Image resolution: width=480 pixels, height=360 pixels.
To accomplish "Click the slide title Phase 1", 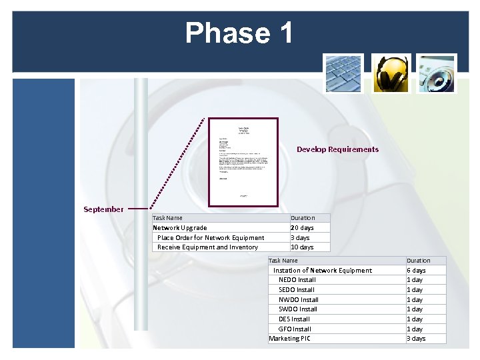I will click(239, 33).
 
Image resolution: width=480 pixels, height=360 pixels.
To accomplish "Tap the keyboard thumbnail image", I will click(343, 74).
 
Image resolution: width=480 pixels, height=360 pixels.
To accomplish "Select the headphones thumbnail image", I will click(391, 74).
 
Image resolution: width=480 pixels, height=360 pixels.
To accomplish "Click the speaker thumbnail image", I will click(437, 74).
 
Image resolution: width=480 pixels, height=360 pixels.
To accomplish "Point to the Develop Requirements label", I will click(337, 149).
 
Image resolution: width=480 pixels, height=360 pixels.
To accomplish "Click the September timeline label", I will click(103, 209).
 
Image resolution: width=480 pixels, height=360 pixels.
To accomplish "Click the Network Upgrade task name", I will click(180, 228).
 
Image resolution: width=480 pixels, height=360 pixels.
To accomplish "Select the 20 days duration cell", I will click(302, 228).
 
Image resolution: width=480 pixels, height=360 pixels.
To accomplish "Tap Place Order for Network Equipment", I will click(211, 237).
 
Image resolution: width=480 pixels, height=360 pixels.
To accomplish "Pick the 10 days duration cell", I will click(302, 247).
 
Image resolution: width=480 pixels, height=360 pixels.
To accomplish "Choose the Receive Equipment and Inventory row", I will click(207, 247).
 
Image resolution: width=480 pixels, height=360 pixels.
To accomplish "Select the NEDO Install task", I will click(297, 280).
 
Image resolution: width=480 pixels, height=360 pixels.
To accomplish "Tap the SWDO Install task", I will click(298, 309).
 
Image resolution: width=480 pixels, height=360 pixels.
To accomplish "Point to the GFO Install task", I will click(295, 329).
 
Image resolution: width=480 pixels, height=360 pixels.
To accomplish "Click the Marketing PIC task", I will click(289, 339).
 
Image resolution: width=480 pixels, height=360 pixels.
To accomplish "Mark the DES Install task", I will click(294, 319).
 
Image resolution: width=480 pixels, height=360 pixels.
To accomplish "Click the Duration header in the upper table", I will click(303, 218).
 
